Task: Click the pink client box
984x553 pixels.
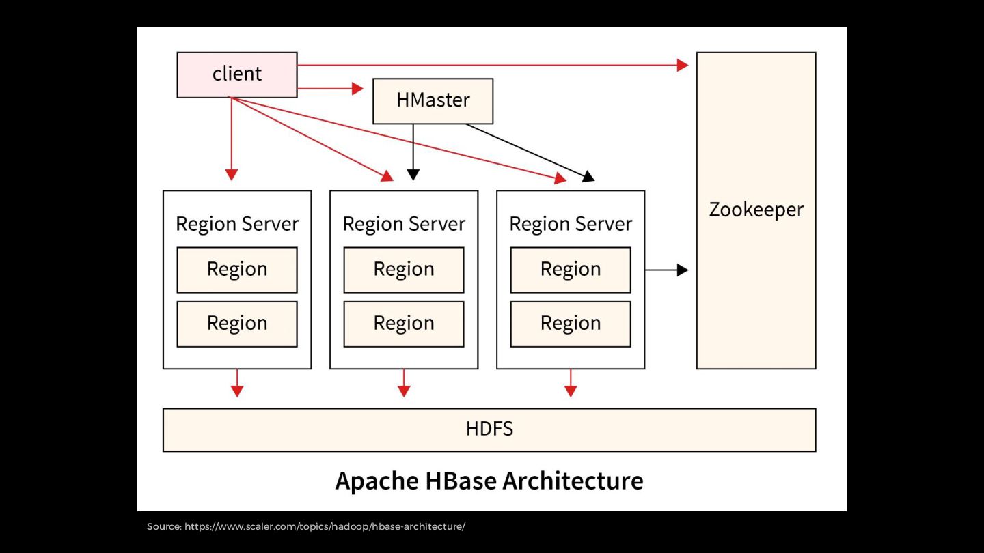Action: (x=237, y=74)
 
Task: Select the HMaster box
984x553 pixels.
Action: (x=433, y=100)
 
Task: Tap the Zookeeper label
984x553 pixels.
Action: (x=756, y=210)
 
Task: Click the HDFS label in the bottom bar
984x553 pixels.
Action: (x=489, y=429)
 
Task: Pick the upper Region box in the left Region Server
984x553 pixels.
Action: (x=237, y=270)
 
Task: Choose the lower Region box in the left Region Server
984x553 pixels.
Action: (x=237, y=324)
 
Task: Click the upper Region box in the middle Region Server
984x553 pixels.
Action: (x=404, y=270)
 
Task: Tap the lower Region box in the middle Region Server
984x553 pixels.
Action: (x=404, y=324)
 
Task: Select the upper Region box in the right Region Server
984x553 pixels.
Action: (x=571, y=270)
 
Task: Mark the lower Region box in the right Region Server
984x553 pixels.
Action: (x=571, y=324)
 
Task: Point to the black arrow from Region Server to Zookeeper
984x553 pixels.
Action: (x=666, y=270)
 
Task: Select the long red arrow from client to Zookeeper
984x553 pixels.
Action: (x=492, y=66)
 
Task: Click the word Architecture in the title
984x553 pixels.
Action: (x=573, y=481)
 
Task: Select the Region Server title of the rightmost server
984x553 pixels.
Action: (x=571, y=224)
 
